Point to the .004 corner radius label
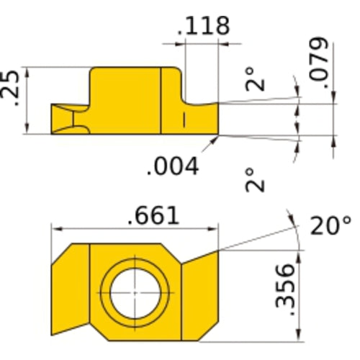click(172, 167)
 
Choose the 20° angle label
click(330, 226)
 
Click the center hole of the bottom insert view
click(135, 294)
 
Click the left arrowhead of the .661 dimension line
click(55, 230)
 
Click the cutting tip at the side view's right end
click(213, 119)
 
